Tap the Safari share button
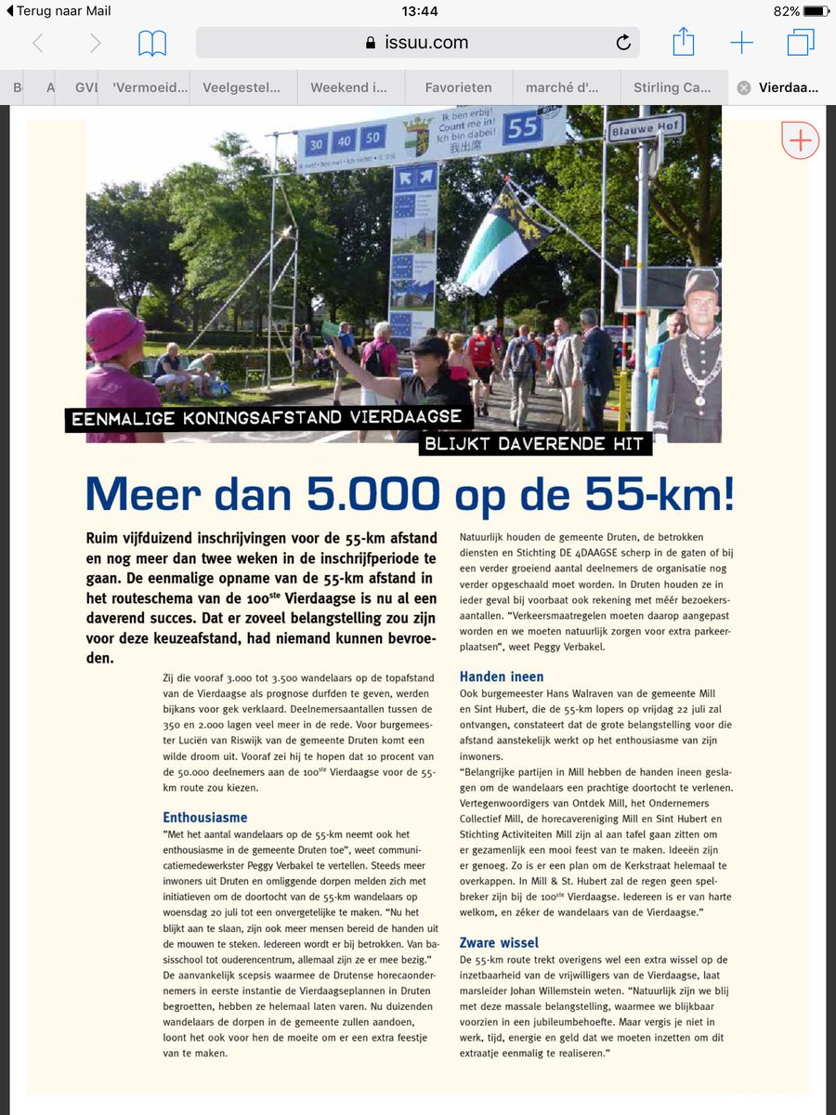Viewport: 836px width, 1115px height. [683, 42]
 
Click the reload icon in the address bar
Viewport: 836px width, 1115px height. [623, 42]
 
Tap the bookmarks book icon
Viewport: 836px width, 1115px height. [152, 43]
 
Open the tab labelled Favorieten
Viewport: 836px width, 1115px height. [458, 87]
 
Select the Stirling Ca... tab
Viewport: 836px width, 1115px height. [672, 87]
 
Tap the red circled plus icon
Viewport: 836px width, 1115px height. [800, 140]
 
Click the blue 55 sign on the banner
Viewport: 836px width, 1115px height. [524, 127]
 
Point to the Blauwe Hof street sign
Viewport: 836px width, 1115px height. [646, 129]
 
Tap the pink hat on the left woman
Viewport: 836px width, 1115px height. [115, 334]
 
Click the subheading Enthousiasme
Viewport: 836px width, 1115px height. [204, 818]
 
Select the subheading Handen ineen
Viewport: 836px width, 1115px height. [502, 676]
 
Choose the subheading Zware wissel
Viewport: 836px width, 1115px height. [499, 942]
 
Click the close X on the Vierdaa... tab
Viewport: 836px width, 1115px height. [743, 87]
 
